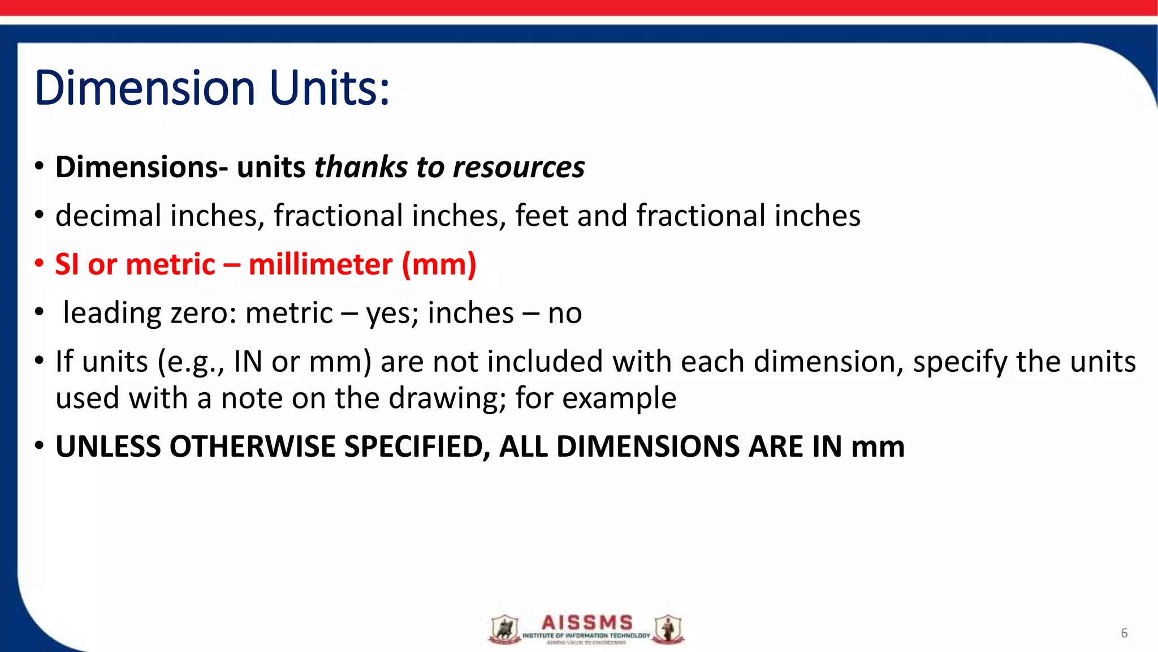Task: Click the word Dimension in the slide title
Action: [145, 88]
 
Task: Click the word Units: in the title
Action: [330, 88]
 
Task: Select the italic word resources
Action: [518, 168]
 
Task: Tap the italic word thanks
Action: [361, 168]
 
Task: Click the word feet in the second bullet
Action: [541, 216]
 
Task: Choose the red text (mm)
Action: [439, 265]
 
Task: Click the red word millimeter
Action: [321, 265]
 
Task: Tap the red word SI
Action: [67, 265]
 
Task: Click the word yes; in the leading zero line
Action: [392, 314]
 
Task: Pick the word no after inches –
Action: [565, 314]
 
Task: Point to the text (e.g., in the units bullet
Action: [191, 362]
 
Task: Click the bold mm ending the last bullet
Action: [878, 447]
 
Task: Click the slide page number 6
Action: [1124, 633]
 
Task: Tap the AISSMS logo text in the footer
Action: [587, 623]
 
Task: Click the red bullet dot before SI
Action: [39, 264]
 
